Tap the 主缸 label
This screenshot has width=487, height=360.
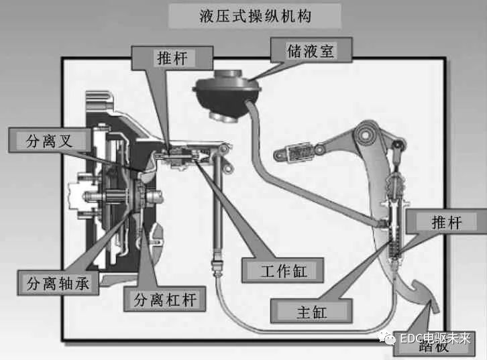[312, 310]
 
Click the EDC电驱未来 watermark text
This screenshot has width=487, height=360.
[437, 338]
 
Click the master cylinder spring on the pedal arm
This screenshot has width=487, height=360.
[396, 241]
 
